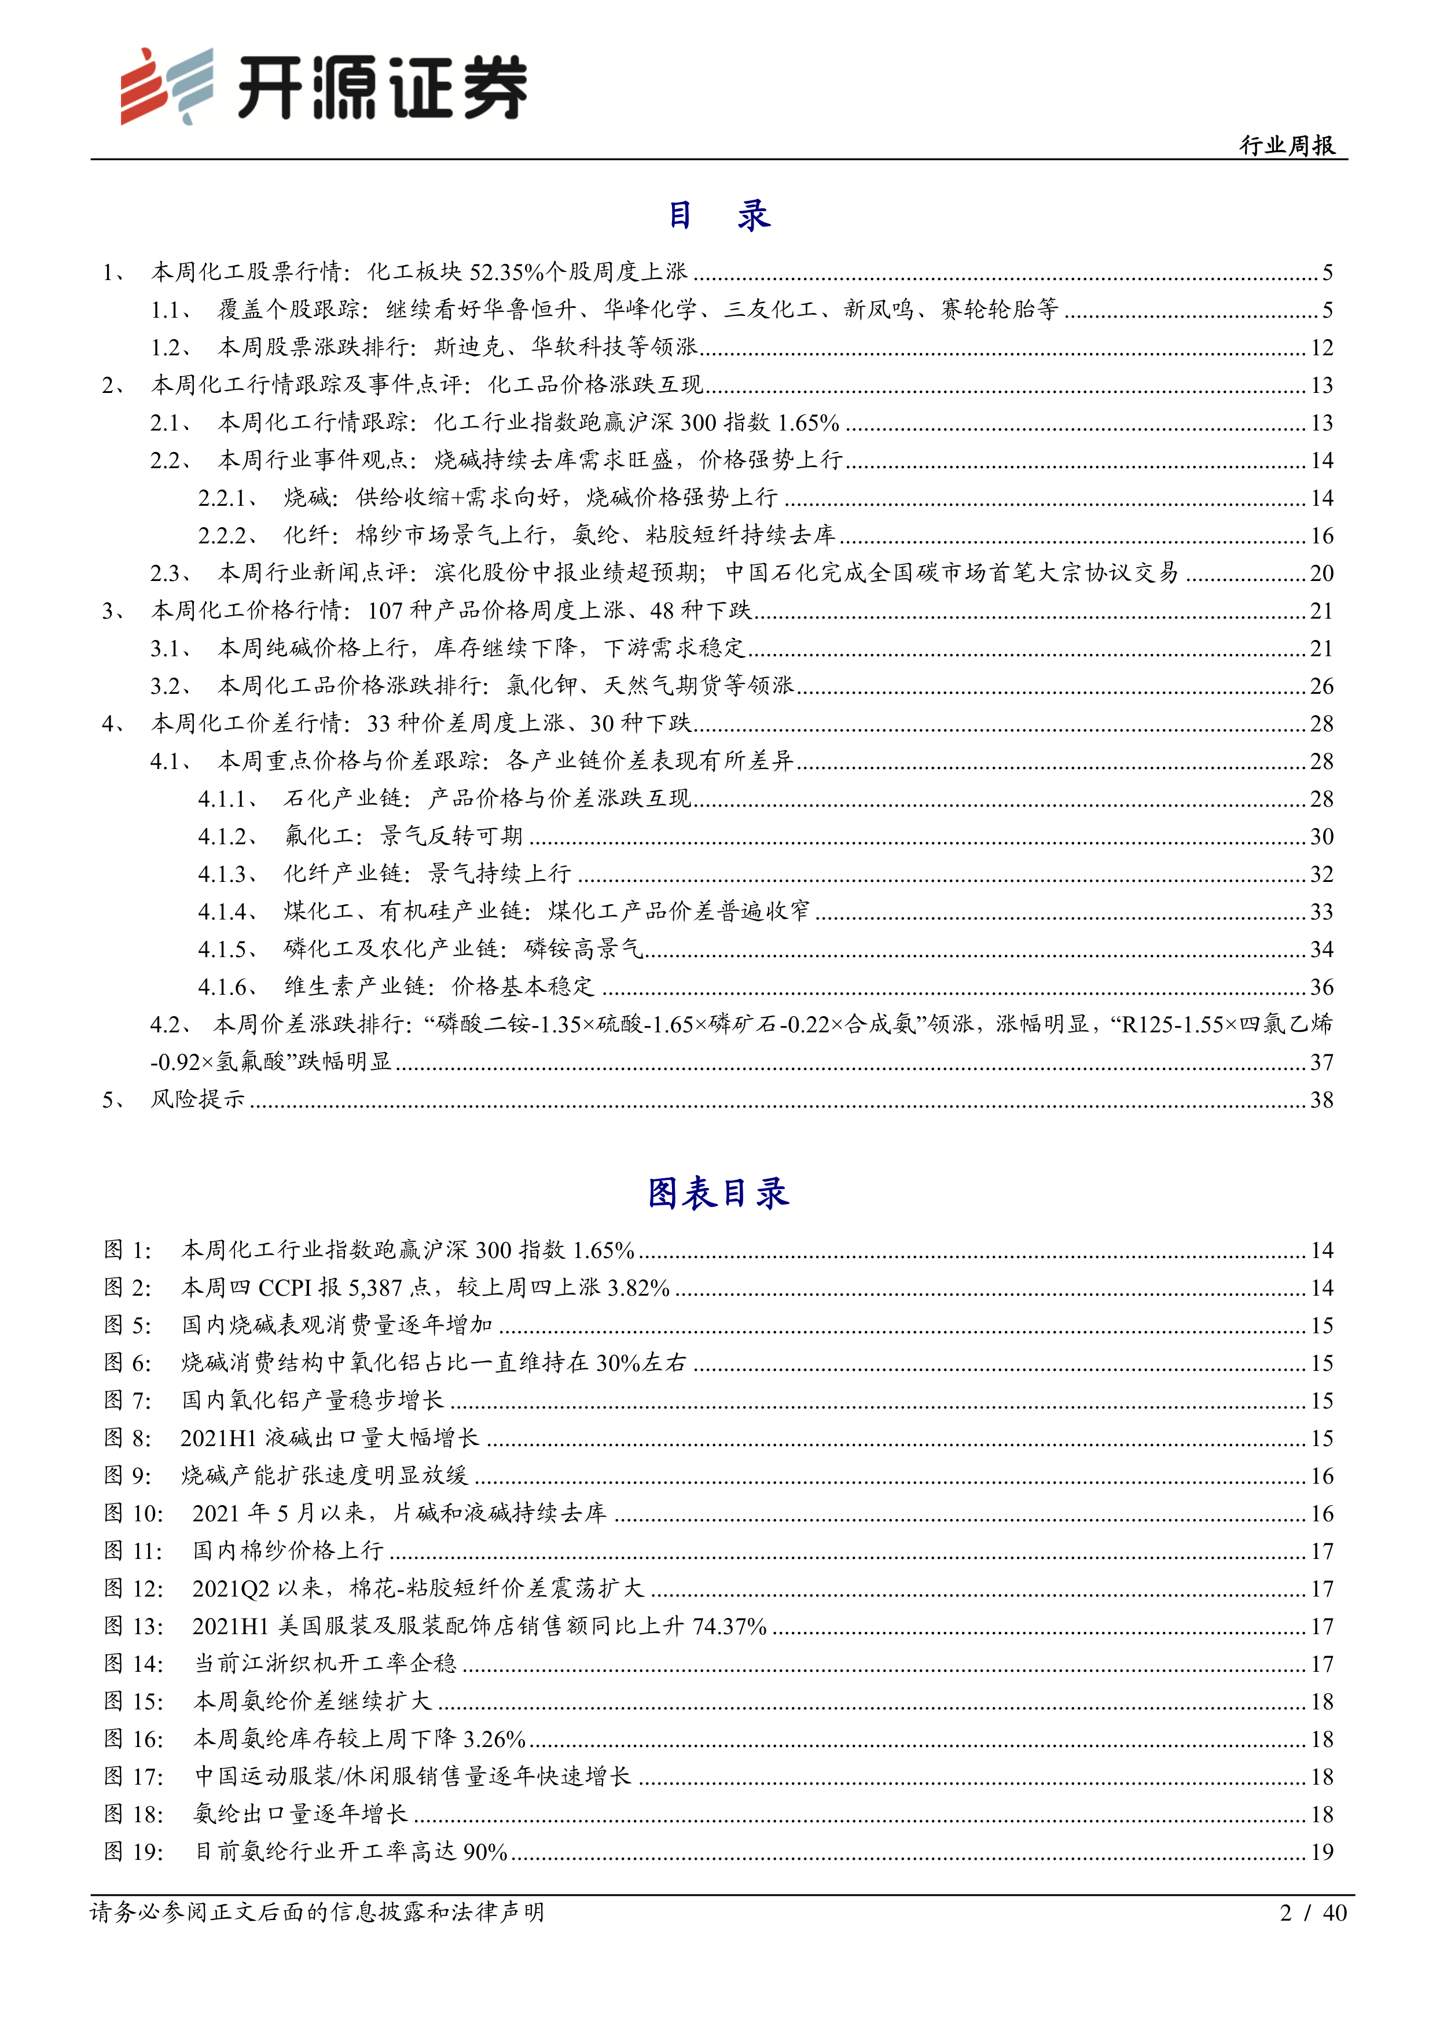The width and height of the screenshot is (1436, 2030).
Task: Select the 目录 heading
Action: (x=718, y=215)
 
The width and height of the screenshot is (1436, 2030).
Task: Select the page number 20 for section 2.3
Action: (x=1321, y=573)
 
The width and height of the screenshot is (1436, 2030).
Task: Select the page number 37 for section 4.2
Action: (x=1321, y=1062)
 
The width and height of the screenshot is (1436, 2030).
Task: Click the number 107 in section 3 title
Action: (x=385, y=611)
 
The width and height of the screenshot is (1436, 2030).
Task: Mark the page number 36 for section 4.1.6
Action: (x=1321, y=987)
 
